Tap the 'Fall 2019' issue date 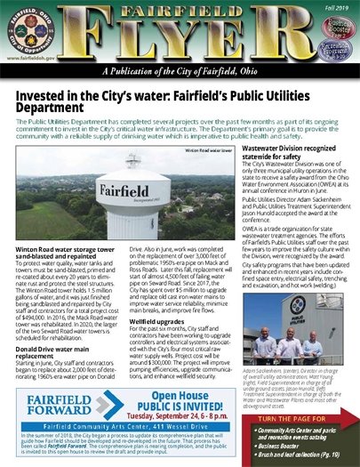337,6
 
